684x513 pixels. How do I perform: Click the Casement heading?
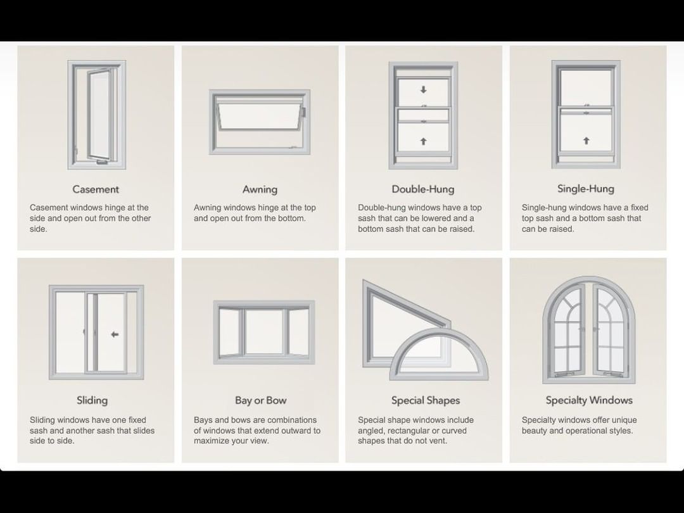point(96,189)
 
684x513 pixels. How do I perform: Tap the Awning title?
point(260,189)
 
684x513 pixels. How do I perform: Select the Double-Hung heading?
point(422,189)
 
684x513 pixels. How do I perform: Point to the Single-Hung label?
point(586,189)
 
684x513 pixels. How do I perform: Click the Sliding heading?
point(92,400)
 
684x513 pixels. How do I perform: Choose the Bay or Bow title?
point(260,400)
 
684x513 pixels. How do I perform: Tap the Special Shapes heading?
point(426,400)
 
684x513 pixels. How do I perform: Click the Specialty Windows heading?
point(589,400)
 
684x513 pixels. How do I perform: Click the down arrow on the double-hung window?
point(424,90)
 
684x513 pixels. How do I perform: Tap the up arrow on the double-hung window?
point(424,141)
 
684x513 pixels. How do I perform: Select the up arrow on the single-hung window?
point(586,141)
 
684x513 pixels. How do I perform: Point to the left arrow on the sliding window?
point(114,334)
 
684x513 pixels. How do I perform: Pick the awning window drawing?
point(260,122)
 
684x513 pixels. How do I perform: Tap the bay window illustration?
point(263,332)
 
